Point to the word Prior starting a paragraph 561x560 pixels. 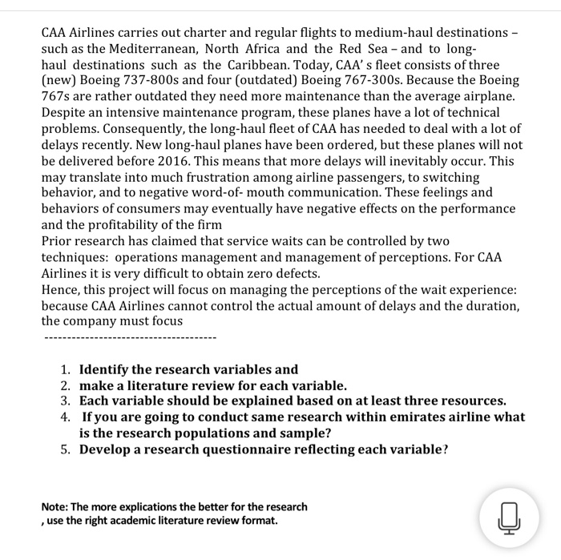58,240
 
